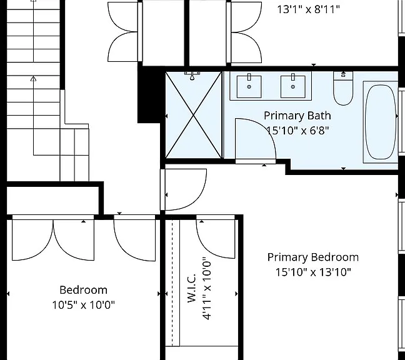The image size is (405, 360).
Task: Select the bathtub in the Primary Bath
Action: [381, 122]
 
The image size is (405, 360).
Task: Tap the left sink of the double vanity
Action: [249, 86]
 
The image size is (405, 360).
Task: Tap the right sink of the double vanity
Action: [293, 86]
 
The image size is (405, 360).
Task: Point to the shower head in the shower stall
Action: [192, 76]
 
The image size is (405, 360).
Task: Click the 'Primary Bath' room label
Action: [297, 116]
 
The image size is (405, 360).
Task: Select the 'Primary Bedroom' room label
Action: [312, 257]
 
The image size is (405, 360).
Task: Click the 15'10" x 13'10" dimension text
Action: [313, 272]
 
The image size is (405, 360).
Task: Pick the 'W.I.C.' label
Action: [191, 288]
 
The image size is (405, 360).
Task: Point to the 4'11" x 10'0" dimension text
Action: [207, 288]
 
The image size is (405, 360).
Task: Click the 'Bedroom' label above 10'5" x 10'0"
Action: [83, 290]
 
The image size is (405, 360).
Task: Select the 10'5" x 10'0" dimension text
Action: [83, 305]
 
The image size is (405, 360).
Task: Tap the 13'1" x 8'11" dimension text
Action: [308, 9]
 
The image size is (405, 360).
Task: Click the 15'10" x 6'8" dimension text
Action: [297, 131]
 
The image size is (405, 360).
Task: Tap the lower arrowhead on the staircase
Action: [33, 79]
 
